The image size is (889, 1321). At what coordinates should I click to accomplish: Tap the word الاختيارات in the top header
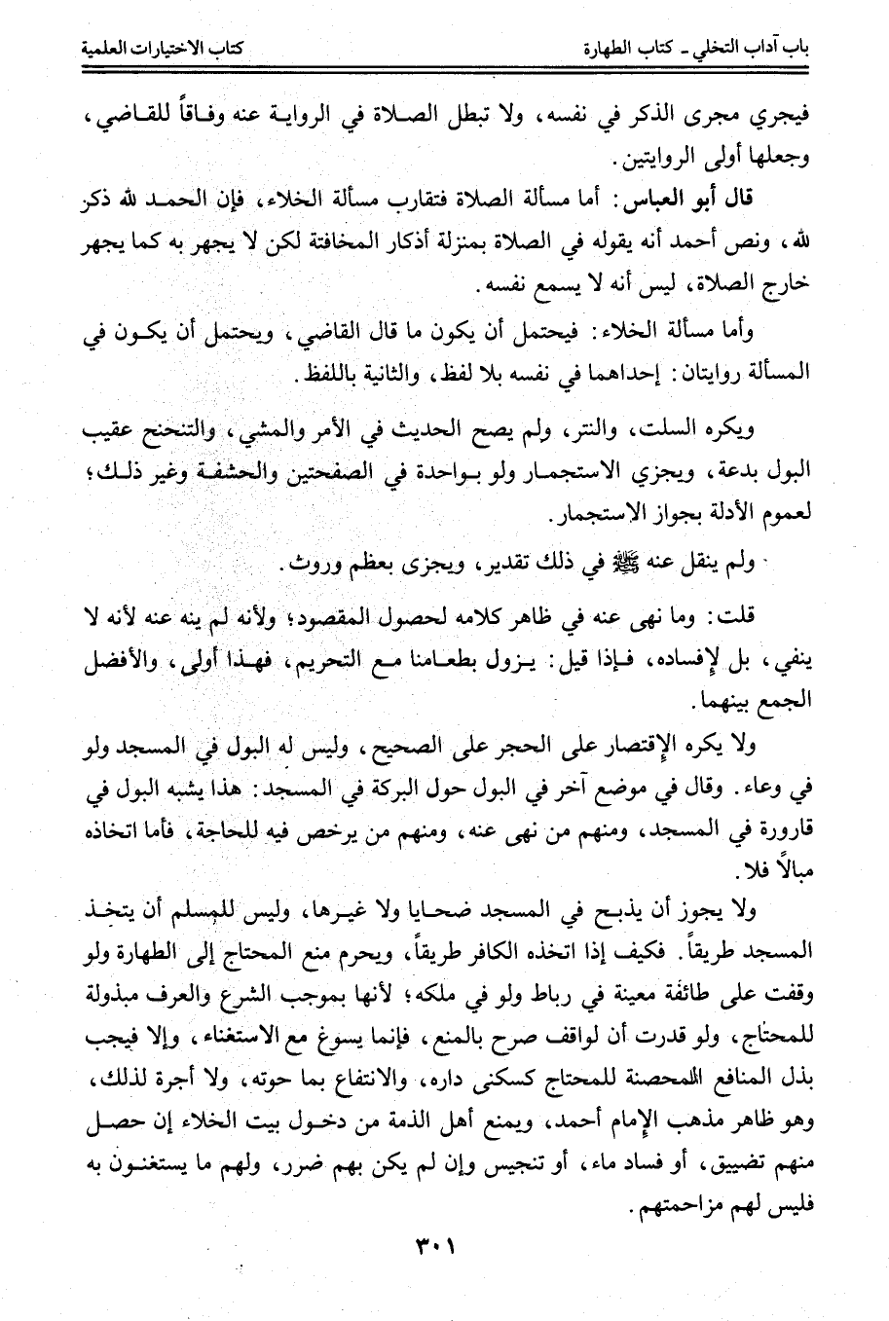tap(166, 46)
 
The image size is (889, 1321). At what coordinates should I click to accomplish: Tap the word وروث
tap(306, 566)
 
